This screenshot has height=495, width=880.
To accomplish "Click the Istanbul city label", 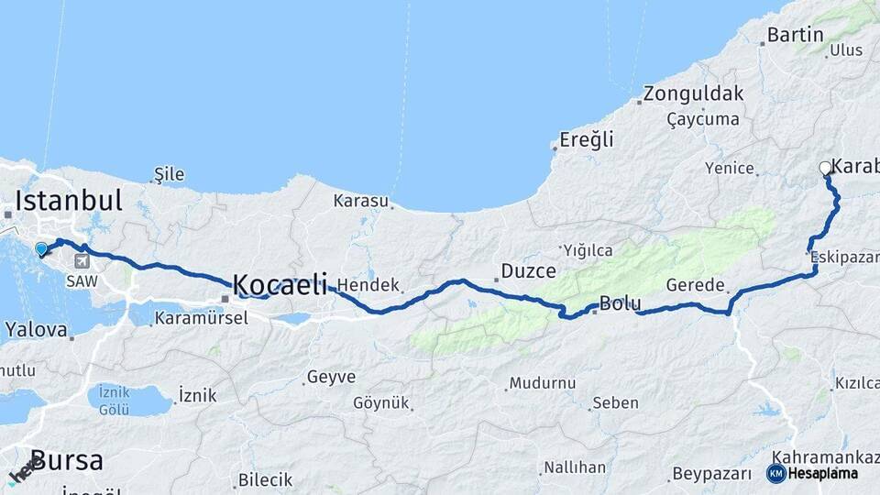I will click(x=69, y=201).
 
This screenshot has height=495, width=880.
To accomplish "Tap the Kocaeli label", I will click(x=280, y=285).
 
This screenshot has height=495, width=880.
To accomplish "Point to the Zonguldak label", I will click(x=693, y=93).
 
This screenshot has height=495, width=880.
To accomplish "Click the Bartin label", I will click(x=796, y=36).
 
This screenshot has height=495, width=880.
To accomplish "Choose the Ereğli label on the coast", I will click(x=587, y=140).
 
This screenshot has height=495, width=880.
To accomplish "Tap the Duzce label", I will click(x=525, y=271).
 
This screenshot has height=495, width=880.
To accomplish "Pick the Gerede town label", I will click(x=696, y=285).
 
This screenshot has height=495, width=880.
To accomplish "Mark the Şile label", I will click(x=170, y=174).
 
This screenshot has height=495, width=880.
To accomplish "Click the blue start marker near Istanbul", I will click(x=41, y=248).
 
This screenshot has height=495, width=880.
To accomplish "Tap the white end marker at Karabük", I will click(x=825, y=169).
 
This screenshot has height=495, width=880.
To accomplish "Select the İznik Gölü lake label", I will click(x=114, y=401).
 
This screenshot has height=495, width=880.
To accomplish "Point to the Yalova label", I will click(x=36, y=329).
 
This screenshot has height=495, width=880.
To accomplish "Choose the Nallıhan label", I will click(x=575, y=467).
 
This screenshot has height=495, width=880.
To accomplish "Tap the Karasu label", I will click(x=361, y=200).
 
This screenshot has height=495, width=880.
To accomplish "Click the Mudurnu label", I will click(x=542, y=383).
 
